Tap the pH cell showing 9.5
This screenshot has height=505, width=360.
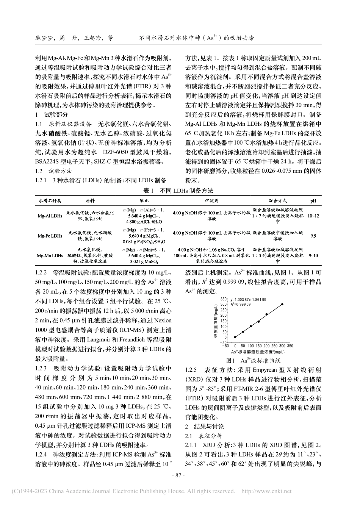(313, 236)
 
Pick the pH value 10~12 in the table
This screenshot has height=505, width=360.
(313, 216)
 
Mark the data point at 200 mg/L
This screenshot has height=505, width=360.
(266, 314)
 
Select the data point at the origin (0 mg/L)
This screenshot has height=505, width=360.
(235, 337)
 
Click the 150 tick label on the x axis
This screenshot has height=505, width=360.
(258, 346)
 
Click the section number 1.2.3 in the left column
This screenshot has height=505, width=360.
(40, 368)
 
